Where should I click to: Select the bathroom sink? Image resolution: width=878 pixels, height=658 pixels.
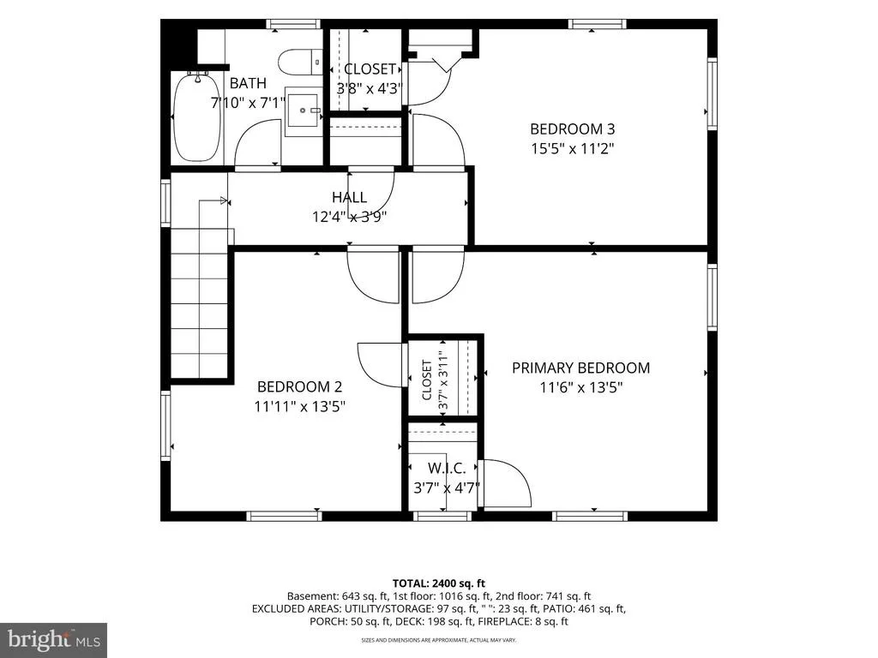303,111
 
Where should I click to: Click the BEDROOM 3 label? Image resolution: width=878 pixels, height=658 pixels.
572,129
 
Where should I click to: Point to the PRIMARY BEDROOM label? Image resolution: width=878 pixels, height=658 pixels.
580,368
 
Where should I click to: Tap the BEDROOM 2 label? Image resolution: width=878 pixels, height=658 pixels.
299,386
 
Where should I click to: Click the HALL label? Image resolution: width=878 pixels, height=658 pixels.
350,197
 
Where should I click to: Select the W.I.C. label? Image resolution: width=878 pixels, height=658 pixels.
446,469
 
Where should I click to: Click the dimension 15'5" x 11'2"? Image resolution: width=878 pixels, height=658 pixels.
572,149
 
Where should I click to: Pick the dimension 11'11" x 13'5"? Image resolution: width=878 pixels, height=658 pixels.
299,406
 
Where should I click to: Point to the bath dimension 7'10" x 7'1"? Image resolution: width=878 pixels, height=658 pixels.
248,103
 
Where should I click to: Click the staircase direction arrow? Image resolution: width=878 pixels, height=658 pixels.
213,200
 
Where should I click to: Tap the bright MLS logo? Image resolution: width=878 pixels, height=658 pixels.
54,638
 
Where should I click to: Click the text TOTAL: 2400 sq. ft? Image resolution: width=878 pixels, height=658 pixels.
438,583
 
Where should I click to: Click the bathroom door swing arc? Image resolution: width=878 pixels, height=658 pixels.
257,141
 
